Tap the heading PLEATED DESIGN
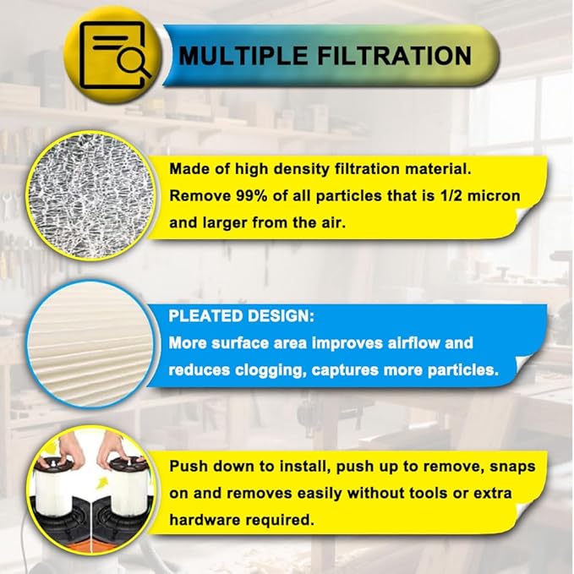239,316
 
